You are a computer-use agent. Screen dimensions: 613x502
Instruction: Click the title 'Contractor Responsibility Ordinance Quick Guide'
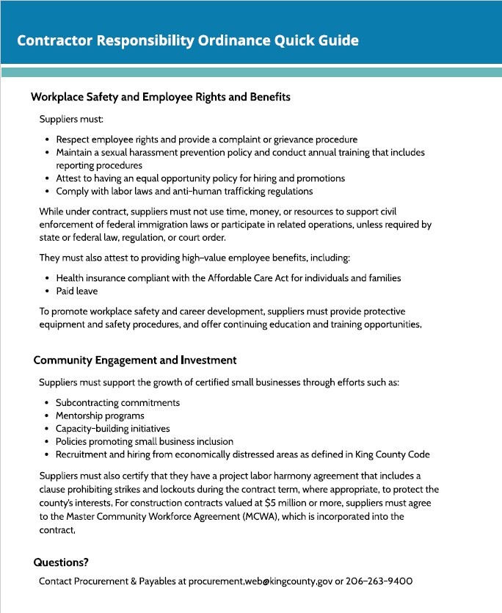pos(188,40)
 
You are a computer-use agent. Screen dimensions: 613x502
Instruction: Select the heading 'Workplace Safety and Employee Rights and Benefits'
pos(161,97)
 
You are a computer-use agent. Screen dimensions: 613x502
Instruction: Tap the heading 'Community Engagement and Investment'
pos(135,360)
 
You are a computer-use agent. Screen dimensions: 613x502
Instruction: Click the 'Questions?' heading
pos(61,562)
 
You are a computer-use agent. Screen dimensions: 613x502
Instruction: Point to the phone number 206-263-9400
pos(379,581)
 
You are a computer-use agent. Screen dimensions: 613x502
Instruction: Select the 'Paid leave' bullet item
pos(78,291)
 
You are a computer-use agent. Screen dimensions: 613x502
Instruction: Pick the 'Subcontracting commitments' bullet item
pos(117,402)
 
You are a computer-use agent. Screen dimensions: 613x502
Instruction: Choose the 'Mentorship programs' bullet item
pos(100,416)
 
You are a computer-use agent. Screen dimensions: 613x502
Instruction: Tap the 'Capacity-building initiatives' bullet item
pos(112,429)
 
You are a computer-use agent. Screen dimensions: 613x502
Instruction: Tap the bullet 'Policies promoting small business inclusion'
pos(144,441)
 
